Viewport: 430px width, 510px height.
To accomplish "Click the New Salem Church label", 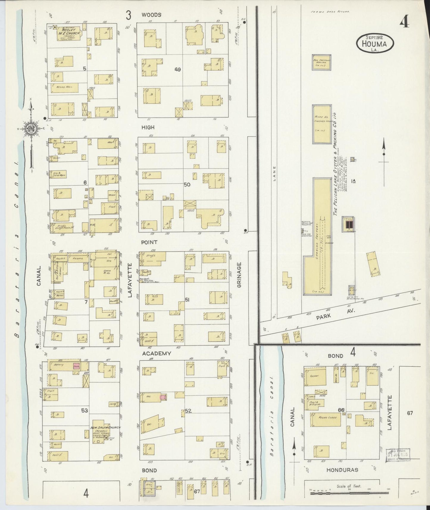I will point(106,428).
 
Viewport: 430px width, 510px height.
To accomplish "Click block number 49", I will point(178,70).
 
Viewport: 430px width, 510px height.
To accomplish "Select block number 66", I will point(341,410).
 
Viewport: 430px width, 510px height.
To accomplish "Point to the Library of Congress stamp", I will point(398,454).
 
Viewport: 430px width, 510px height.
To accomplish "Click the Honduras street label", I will point(342,470).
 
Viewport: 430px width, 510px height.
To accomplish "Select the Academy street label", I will point(156,353).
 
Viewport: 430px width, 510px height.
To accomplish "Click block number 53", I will point(85,411).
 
